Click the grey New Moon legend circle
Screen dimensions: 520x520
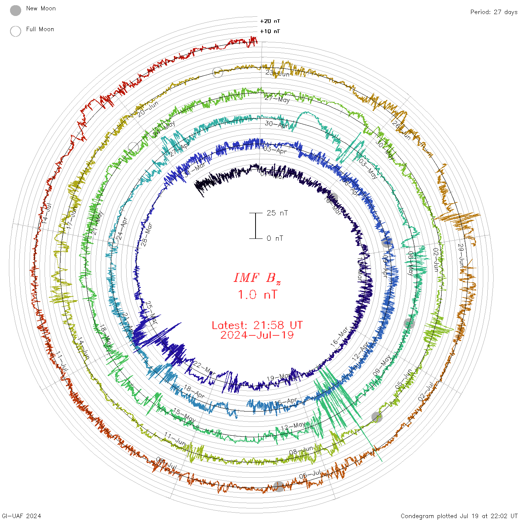(16, 10)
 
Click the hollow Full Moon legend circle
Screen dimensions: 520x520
(16, 31)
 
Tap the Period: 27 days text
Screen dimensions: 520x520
(494, 12)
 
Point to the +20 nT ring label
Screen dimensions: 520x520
(270, 21)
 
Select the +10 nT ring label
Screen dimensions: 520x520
(270, 31)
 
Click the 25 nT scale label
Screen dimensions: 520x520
(277, 213)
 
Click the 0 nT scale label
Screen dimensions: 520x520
(275, 238)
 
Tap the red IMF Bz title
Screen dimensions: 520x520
(257, 278)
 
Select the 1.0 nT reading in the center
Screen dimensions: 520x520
(257, 295)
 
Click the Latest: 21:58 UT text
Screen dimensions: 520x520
(257, 325)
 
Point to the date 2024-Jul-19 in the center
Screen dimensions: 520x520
(257, 335)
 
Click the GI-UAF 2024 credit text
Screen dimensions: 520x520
(21, 516)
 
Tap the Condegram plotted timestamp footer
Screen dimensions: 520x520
(459, 516)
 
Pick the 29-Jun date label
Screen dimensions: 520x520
(461, 256)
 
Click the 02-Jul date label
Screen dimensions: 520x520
(426, 391)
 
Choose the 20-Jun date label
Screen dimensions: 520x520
(148, 109)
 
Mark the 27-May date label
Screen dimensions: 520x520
(277, 99)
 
